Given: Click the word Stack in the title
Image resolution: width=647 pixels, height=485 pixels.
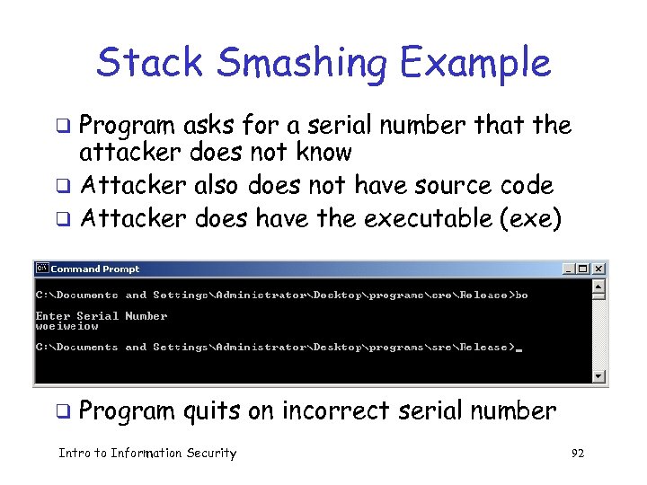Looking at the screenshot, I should point(145,64).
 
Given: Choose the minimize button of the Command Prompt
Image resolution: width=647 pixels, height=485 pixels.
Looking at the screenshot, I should point(570,269).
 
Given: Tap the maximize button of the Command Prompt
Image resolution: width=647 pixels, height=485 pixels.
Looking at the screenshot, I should point(584,269).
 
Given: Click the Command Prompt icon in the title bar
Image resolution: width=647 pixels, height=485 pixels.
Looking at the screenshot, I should point(41,269).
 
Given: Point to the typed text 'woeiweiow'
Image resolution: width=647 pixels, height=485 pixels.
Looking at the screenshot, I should point(66,326).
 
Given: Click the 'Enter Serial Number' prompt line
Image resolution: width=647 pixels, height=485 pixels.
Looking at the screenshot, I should point(101,316).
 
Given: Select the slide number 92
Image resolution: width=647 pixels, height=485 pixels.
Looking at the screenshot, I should point(577,454).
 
